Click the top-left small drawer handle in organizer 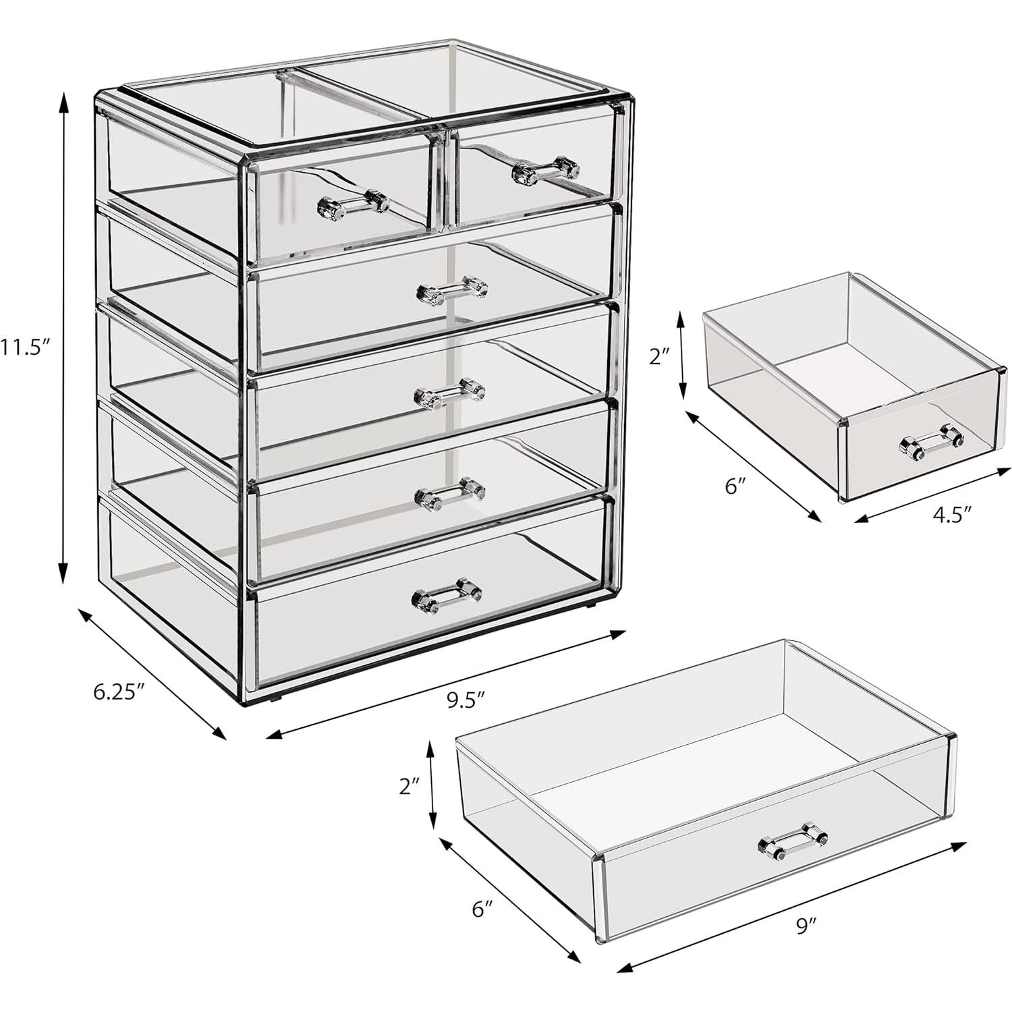(x=354, y=204)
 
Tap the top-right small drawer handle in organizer (x=546, y=171)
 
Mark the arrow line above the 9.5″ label (x=447, y=683)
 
